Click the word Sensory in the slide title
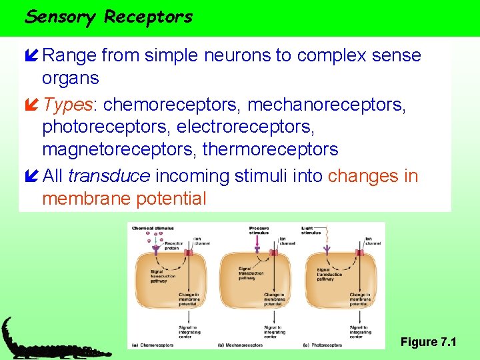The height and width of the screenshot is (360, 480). point(61,16)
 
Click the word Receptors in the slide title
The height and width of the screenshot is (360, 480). point(148,16)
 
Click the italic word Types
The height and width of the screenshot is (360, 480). point(69,105)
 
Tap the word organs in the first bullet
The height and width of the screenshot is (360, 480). point(70,78)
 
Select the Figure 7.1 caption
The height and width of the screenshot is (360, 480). point(428,342)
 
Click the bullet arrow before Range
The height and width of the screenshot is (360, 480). point(30,55)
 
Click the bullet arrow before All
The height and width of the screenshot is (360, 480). point(30,176)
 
